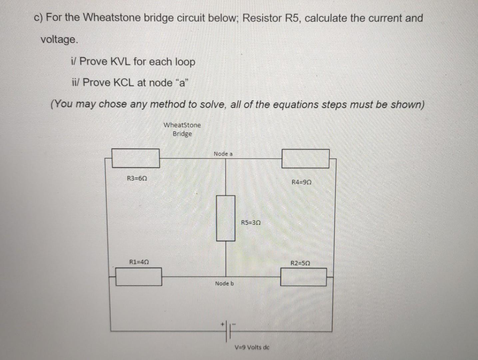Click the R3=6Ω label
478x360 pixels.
137,178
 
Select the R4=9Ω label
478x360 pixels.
301,182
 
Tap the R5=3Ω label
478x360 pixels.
250,222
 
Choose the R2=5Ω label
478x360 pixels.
300,263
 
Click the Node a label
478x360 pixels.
223,154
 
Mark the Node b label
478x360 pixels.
224,283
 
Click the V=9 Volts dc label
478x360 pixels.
252,347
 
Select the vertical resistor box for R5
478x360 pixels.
226,218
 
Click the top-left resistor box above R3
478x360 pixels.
136,158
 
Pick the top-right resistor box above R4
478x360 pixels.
305,158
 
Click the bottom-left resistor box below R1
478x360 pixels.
139,277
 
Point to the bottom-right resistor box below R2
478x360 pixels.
303,277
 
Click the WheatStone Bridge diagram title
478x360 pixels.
182,129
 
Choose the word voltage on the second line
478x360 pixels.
59,40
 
